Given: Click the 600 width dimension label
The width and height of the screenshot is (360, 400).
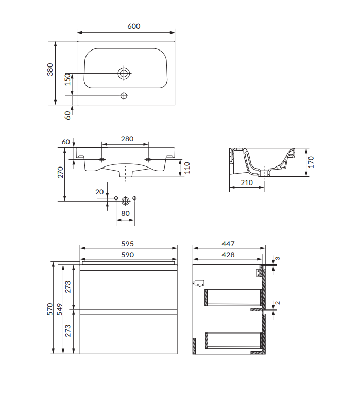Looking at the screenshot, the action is coord(133,26).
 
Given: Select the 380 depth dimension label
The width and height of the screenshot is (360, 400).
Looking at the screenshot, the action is coord(50,70).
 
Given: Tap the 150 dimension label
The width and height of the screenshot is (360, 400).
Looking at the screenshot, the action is coord(67,79).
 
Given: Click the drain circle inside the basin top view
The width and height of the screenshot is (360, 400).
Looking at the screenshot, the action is coord(124,74).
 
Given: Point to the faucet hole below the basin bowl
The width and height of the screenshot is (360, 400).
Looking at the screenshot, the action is coord(124,96).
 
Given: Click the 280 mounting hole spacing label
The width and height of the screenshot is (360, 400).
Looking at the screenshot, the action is coord(127,139).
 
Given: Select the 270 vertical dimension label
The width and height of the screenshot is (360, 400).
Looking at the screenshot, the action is coord(60,172).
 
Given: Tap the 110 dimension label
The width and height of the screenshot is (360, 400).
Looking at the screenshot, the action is coord(187,168).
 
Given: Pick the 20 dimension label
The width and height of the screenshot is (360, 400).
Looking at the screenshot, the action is coord(99,192).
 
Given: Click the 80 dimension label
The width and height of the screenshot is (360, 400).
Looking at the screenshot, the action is coord(125,213).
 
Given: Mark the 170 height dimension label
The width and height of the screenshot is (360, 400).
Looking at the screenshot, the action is coord(311,162).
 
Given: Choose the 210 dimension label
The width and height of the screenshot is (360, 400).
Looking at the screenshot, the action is coord(247,182).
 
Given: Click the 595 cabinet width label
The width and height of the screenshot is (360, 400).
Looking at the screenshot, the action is coord(128,244).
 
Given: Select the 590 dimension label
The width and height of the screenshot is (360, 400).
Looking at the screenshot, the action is coord(128,255).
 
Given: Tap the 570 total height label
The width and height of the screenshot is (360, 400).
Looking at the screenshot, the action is coord(50,309).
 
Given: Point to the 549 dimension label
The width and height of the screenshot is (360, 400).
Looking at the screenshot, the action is coord(60,309).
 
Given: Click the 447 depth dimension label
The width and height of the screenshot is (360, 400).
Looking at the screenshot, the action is coord(228,244).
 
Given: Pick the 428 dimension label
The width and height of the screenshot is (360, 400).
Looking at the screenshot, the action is coord(228,255).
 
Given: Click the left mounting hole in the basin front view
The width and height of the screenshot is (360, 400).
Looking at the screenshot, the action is coord(102,160).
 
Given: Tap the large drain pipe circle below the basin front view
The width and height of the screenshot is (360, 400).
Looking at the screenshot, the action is coord(126,201).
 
